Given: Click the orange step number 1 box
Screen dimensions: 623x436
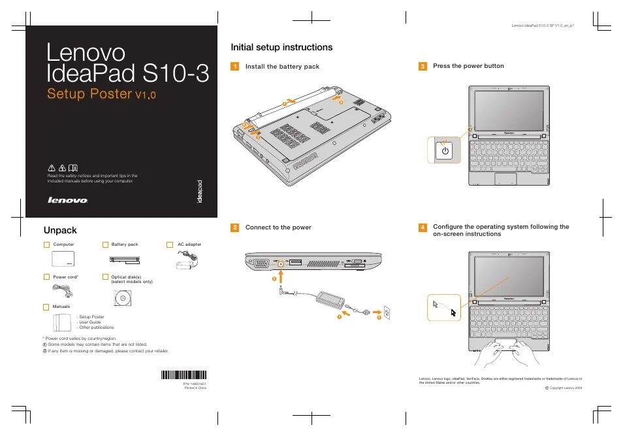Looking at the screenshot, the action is point(235,67).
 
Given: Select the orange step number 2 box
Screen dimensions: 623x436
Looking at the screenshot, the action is point(235,227).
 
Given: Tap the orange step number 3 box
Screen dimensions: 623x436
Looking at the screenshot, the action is point(423,67).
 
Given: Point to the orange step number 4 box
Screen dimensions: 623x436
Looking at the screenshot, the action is point(423,227).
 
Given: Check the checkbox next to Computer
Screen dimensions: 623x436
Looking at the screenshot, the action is point(46,244).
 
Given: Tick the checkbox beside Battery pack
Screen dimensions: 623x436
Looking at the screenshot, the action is point(105,244).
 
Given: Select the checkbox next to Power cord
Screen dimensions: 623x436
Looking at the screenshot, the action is point(46,277).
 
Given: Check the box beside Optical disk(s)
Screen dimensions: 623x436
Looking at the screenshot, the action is point(105,277).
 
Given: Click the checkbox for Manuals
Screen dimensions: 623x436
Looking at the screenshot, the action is point(46,307).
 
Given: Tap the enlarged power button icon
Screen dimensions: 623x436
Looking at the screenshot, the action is point(445,151).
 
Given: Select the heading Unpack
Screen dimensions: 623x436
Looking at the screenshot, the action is point(60,229).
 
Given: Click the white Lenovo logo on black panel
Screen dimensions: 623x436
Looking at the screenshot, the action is point(68,201).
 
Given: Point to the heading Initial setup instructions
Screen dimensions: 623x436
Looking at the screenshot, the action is point(281,47).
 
